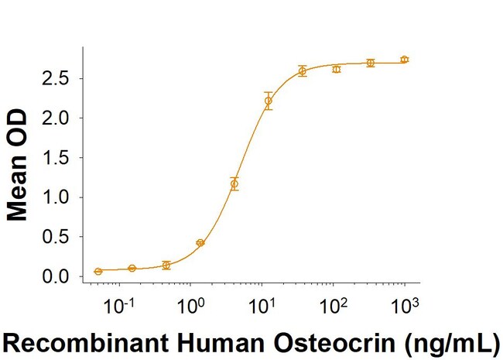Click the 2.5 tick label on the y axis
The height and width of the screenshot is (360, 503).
[x=57, y=79]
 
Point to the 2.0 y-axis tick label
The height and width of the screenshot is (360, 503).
[x=57, y=118]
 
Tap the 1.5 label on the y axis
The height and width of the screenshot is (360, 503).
[x=57, y=158]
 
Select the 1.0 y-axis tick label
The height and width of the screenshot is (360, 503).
[x=57, y=197]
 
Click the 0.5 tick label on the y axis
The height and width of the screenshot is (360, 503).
[x=57, y=237]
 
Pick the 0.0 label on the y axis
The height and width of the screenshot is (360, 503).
[x=57, y=276]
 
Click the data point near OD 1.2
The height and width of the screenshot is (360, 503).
[x=234, y=184]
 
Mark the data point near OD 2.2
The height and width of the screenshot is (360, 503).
[x=269, y=101]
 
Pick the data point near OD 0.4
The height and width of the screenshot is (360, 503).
[x=200, y=243]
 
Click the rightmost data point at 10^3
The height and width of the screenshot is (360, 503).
[x=405, y=60]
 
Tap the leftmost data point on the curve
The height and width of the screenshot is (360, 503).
[x=98, y=271]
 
